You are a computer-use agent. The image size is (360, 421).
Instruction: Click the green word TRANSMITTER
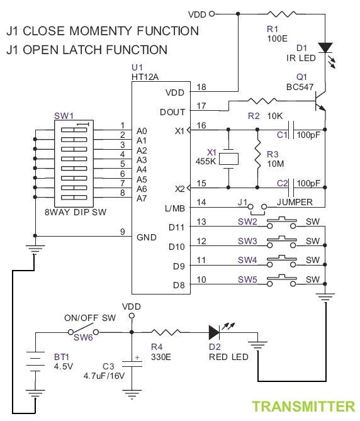pos(303,407)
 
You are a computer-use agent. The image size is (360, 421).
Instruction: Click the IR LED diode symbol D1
pos(325,48)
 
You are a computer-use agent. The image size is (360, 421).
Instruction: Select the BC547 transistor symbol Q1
pos(320,101)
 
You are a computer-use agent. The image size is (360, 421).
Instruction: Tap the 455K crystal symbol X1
pos(228,159)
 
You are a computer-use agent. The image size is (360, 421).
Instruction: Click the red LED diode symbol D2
pos(214,332)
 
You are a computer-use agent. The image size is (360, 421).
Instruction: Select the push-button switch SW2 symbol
pos(281,223)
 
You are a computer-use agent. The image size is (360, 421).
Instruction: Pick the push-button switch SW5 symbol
pos(281,281)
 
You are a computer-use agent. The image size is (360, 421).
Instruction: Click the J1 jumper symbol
pos(257,209)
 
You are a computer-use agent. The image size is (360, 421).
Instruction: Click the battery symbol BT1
pos(35,361)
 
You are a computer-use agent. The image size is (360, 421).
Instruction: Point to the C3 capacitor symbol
pos(132,364)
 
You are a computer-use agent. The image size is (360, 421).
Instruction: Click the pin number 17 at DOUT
pos(201,106)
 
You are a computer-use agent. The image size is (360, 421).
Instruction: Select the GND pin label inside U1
pos(146,237)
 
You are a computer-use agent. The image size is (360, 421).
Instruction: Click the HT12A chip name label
pos(145,77)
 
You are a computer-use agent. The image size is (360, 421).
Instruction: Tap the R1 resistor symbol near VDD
pos(282,14)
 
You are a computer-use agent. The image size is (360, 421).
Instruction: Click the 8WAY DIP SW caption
pos(76,212)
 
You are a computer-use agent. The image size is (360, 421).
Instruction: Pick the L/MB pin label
pos(175,209)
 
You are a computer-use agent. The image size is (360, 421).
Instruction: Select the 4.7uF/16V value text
pos(104,376)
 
